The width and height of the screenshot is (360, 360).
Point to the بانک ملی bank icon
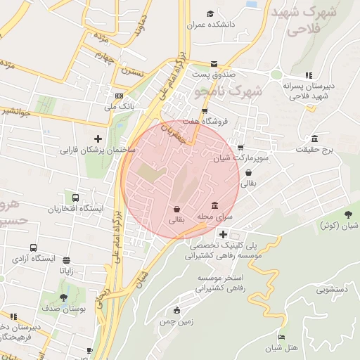(119, 96)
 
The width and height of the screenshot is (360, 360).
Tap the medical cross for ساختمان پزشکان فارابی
(98, 139)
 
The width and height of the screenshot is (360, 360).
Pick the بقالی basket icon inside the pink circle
(176, 208)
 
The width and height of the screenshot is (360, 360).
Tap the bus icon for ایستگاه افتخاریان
(75, 198)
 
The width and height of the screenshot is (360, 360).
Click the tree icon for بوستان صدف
(64, 298)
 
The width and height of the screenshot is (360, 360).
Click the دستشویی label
(336, 289)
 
